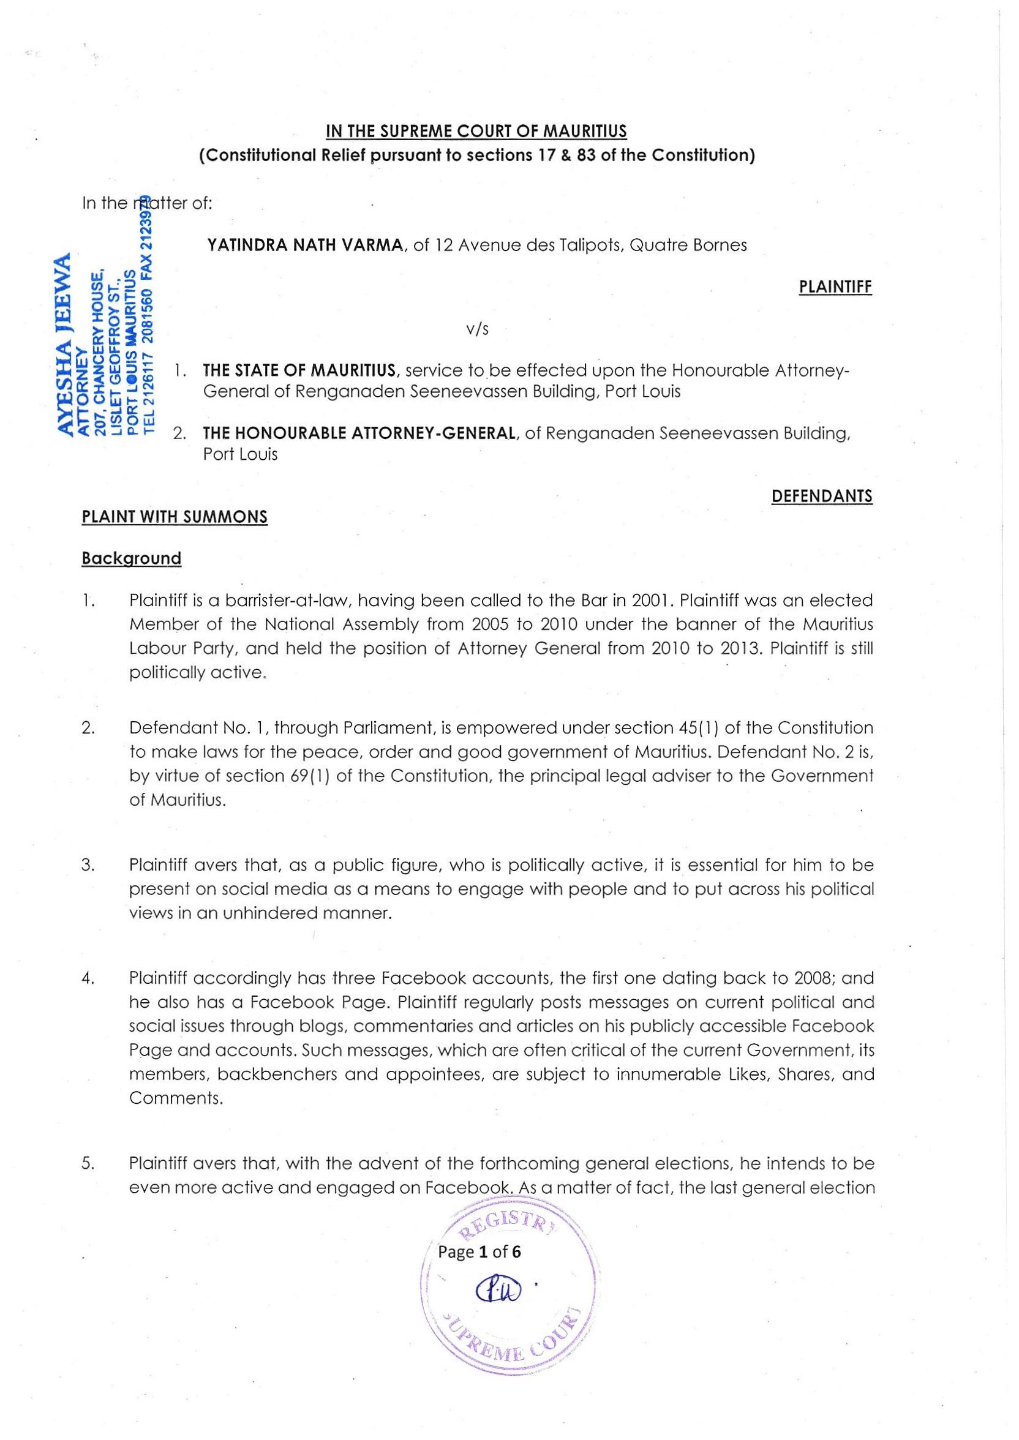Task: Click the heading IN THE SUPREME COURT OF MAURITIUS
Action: pyautogui.click(x=476, y=131)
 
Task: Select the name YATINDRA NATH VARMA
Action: pyautogui.click(x=305, y=246)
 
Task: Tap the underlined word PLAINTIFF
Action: pyautogui.click(x=835, y=287)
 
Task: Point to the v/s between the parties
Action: pyautogui.click(x=478, y=329)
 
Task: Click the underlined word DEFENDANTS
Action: pyautogui.click(x=821, y=496)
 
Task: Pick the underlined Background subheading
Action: pyautogui.click(x=131, y=558)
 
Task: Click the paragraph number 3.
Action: pyautogui.click(x=88, y=866)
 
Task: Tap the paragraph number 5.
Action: pyautogui.click(x=88, y=1163)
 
